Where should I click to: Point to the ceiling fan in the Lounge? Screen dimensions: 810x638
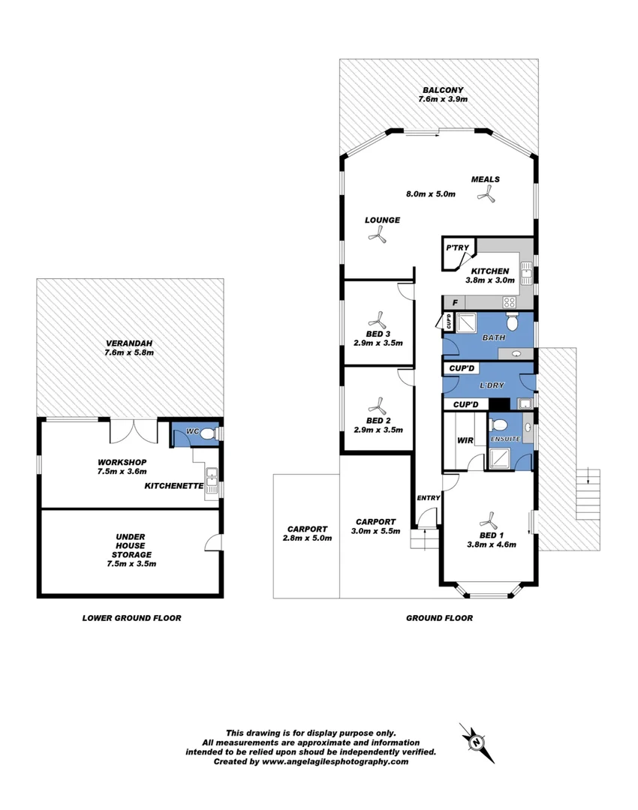(x=378, y=237)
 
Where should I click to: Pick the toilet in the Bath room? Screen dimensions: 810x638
(x=513, y=322)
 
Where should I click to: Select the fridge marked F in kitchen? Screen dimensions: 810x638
(x=454, y=302)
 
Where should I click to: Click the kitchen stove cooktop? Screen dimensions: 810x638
(x=509, y=302)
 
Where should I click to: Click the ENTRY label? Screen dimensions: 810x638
(x=428, y=498)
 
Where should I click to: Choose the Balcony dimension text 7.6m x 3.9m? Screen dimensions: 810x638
(x=444, y=99)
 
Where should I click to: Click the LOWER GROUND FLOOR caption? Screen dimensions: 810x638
(x=131, y=619)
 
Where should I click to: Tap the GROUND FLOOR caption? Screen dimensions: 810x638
(x=439, y=619)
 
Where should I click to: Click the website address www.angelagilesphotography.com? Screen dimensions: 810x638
(x=336, y=761)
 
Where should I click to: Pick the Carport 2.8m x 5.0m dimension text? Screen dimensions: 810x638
(x=307, y=538)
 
